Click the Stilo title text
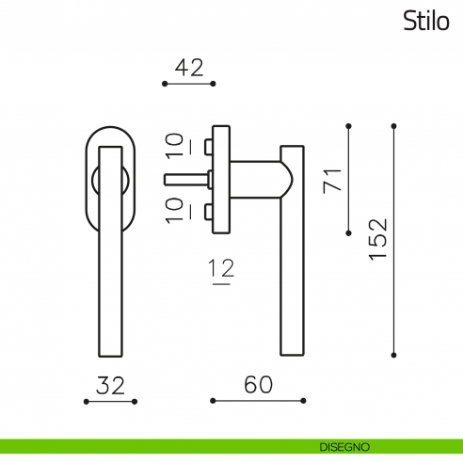(x=426, y=21)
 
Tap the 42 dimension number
(x=189, y=68)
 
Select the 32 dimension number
(x=110, y=386)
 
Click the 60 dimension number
(x=259, y=385)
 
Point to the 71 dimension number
(x=332, y=181)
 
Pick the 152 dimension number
(x=378, y=239)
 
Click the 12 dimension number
(x=222, y=268)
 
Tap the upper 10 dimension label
(x=174, y=146)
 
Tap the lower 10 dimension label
(x=174, y=211)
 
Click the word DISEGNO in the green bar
(x=344, y=447)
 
